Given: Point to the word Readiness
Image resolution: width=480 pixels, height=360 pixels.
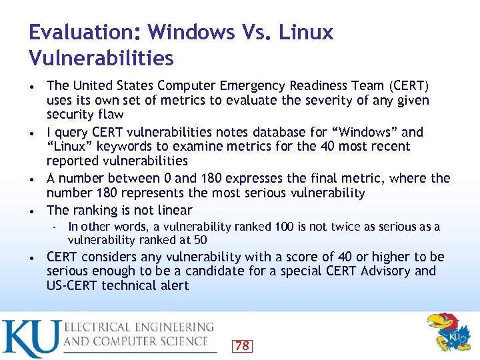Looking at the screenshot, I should (x=321, y=86).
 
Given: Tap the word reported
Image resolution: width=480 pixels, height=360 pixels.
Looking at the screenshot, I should (x=71, y=161).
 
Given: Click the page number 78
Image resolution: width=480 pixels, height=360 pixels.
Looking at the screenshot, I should (x=243, y=345).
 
